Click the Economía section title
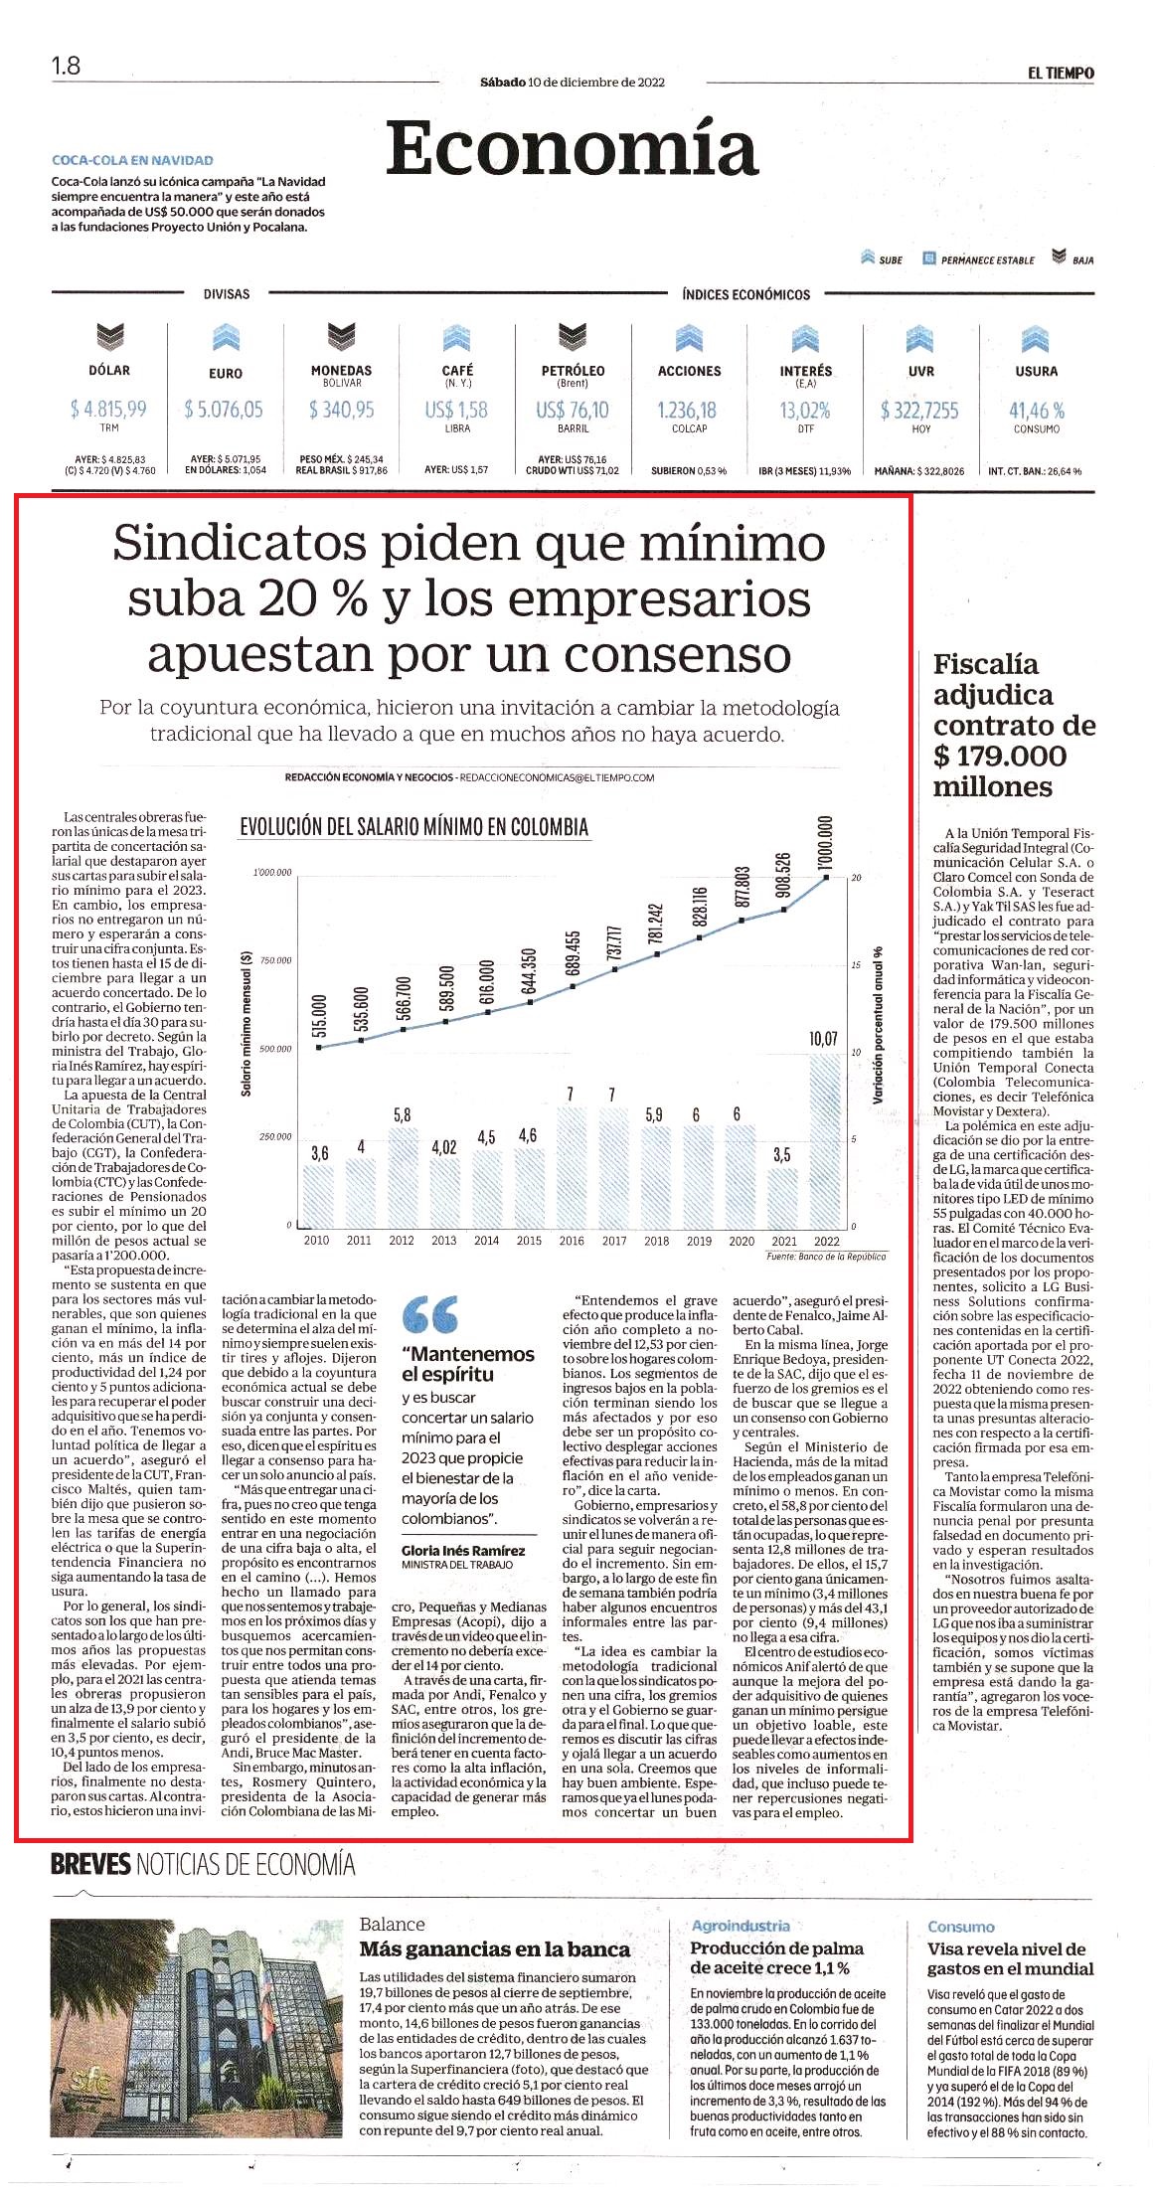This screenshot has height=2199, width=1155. click(572, 148)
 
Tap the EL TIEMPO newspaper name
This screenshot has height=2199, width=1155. click(1061, 73)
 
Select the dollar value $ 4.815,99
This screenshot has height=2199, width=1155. click(108, 410)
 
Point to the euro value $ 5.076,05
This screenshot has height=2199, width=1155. click(224, 410)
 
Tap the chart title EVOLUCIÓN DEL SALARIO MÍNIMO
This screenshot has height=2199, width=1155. click(413, 827)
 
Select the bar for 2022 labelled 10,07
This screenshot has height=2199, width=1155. click(825, 1140)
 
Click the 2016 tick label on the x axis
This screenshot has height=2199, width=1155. click(572, 1241)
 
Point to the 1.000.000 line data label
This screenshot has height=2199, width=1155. click(824, 842)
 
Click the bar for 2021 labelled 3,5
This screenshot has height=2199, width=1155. click(783, 1197)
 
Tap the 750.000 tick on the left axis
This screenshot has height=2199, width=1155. click(274, 960)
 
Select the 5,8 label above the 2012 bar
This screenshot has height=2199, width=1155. click(402, 1114)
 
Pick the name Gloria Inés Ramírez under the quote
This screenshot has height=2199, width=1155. click(463, 1550)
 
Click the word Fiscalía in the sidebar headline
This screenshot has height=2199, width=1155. click(985, 665)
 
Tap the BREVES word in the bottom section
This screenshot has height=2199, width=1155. click(90, 1864)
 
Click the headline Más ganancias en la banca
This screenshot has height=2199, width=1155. click(494, 1949)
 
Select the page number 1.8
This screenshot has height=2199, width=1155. click(66, 66)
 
